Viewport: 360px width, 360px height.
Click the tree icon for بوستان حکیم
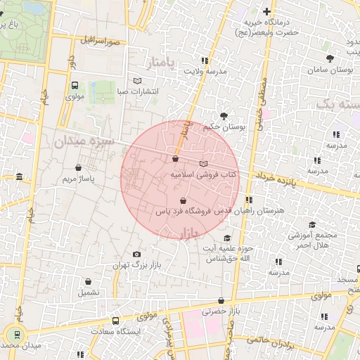tap(224, 115)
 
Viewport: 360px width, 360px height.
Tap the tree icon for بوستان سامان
tap(330, 58)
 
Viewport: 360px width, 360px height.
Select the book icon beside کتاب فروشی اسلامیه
tap(204, 163)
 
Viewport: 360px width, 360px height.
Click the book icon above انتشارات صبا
tap(137, 80)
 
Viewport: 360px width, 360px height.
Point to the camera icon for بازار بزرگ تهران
tap(136, 254)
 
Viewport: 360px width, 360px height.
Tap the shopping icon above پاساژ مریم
tap(77, 168)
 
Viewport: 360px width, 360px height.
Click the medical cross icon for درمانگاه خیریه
tap(266, 11)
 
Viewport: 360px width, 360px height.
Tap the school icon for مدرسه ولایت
tap(224, 60)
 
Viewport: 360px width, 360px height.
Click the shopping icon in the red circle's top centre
tap(174, 159)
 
